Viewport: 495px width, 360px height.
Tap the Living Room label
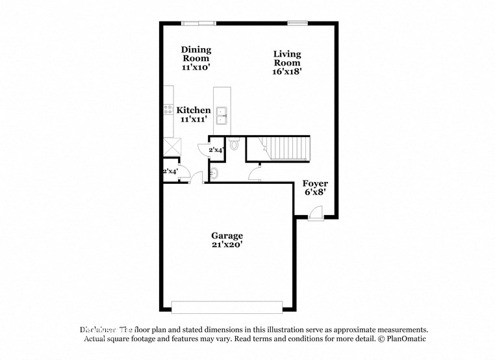click(286, 58)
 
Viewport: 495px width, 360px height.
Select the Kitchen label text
click(194, 110)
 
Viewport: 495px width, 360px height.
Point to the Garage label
click(227, 235)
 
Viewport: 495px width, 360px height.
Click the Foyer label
click(315, 184)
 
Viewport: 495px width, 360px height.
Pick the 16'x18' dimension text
click(286, 72)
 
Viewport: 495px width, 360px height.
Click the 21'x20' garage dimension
click(227, 245)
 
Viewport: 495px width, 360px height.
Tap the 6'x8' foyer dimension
click(315, 193)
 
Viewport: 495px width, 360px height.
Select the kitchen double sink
click(222, 115)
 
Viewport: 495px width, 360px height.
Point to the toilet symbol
click(234, 146)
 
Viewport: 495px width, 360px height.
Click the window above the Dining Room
click(198, 23)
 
